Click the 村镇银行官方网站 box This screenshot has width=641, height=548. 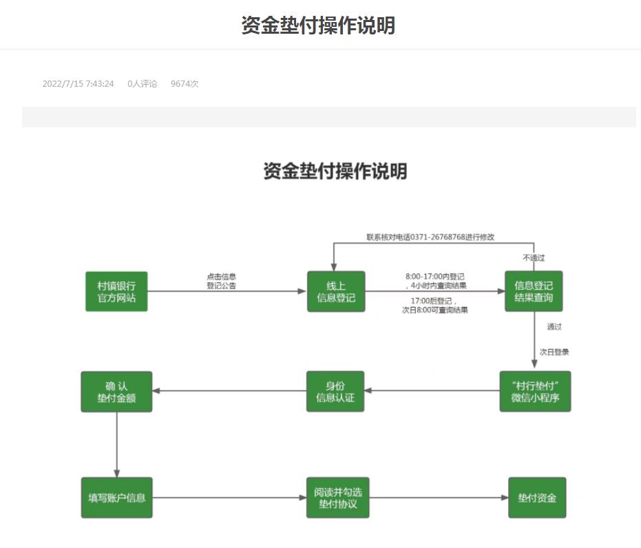click(x=116, y=291)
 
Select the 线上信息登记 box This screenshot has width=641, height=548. click(x=336, y=291)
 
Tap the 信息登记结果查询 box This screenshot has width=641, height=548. click(x=534, y=291)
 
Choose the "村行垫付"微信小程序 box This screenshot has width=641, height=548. click(x=535, y=391)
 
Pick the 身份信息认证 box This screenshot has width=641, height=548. click(x=335, y=391)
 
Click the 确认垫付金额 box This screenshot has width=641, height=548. click(x=116, y=391)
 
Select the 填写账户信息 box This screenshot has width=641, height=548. click(x=116, y=497)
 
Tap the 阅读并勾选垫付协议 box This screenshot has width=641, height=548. click(x=335, y=497)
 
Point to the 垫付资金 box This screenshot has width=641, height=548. click(x=537, y=497)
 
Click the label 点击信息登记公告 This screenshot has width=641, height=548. click(x=222, y=281)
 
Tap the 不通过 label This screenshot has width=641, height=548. click(x=534, y=258)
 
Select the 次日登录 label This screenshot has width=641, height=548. click(x=554, y=352)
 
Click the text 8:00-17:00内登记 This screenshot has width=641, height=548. click(x=434, y=277)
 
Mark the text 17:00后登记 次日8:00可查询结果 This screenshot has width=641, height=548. click(x=434, y=305)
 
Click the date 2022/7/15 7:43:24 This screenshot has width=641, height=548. click(x=78, y=84)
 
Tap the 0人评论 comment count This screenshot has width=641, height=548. click(x=143, y=84)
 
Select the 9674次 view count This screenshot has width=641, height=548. click(x=185, y=84)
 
